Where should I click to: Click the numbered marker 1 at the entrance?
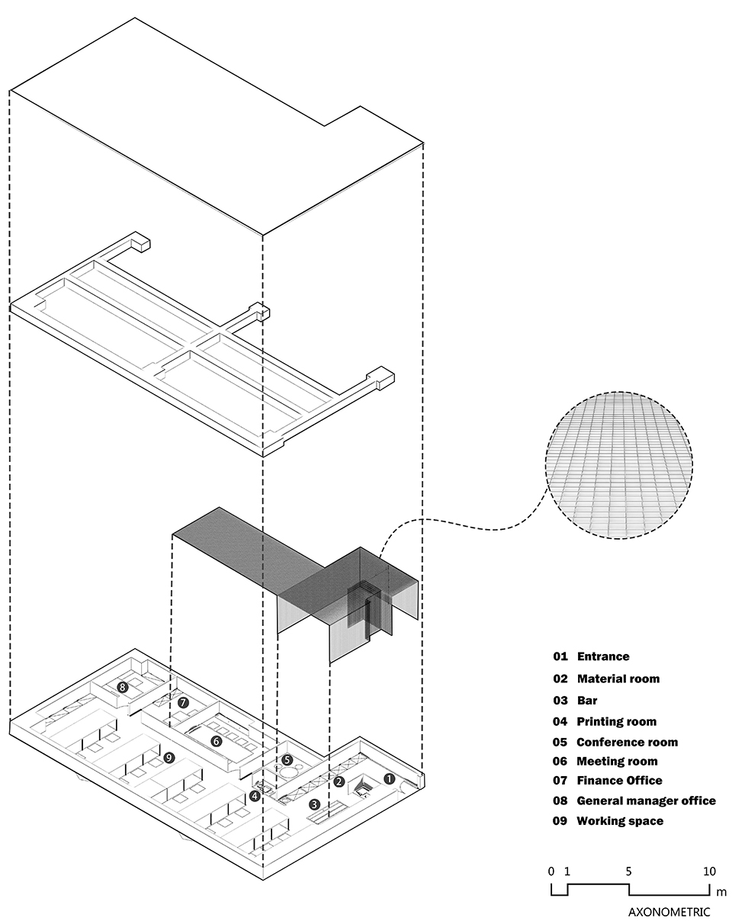click(388, 779)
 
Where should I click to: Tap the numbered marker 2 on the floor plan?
click(339, 781)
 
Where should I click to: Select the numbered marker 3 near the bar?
click(314, 804)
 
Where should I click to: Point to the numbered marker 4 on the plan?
click(255, 796)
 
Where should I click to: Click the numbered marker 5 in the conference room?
click(287, 759)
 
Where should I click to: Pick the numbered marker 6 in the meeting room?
click(216, 740)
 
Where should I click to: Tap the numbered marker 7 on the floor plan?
click(183, 702)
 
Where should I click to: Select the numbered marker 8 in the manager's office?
click(122, 687)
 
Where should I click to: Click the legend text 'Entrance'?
click(602, 656)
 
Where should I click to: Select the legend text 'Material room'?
click(618, 679)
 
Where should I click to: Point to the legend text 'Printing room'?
click(616, 721)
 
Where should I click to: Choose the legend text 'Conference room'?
click(627, 742)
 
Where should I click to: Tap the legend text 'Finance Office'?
click(619, 780)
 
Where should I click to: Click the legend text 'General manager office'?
click(646, 800)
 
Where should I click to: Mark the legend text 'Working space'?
click(619, 821)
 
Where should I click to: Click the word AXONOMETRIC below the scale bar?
click(669, 912)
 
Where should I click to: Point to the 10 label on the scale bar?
click(709, 871)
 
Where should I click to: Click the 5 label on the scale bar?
click(629, 871)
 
